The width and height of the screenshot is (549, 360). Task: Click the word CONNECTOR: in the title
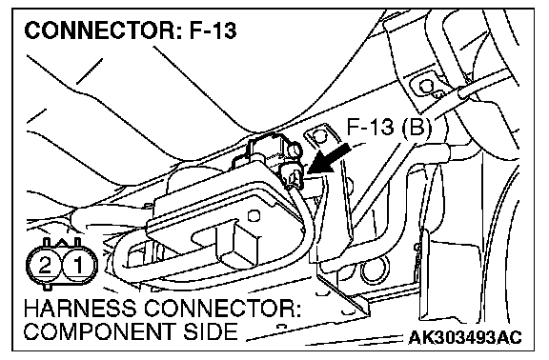tap(103, 30)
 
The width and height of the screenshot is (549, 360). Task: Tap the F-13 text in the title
tap(213, 30)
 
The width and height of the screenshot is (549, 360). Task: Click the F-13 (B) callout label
tap(389, 127)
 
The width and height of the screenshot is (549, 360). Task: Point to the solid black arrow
tap(329, 160)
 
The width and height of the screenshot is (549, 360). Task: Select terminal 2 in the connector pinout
tap(45, 265)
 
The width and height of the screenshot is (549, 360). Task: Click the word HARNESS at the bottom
tap(80, 309)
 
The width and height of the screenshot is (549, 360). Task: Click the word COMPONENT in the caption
tap(99, 331)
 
